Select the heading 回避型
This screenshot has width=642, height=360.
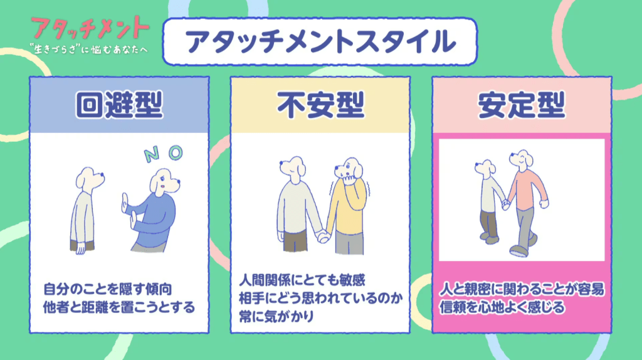(119, 105)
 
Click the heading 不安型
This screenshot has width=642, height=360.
(320, 105)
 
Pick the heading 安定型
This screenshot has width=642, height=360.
(522, 105)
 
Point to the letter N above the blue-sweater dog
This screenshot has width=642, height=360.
(150, 156)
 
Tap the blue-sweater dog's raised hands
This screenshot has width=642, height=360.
(128, 211)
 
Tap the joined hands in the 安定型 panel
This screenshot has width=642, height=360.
(504, 204)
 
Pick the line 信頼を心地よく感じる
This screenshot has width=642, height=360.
(502, 308)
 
